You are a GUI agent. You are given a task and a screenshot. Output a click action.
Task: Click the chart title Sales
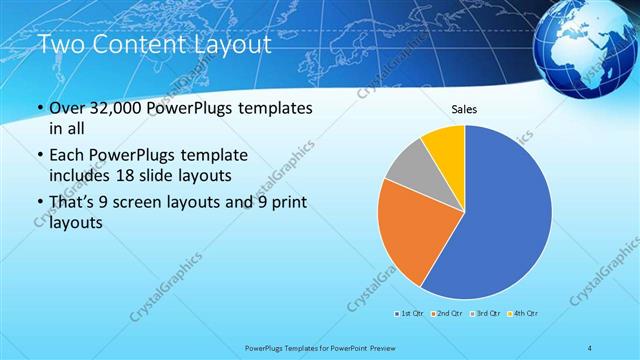pos(464,109)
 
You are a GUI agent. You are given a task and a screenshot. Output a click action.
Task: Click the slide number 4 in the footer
pos(590,348)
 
